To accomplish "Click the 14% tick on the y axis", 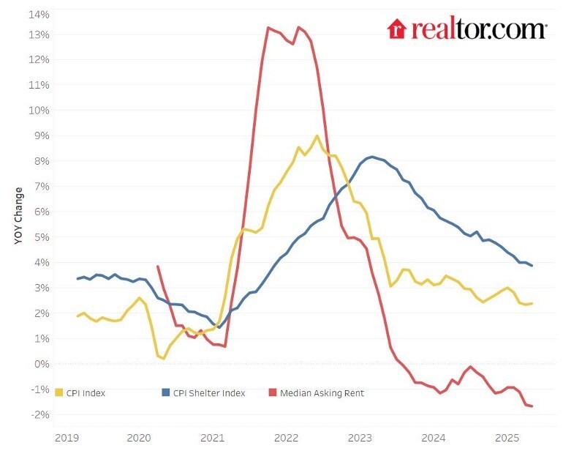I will point(39,15).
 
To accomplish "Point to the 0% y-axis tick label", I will point(41,364).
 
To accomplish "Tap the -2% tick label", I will point(39,414).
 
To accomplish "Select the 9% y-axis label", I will point(41,135).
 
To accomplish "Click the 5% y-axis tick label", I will point(41,237).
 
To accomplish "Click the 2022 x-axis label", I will point(287,439).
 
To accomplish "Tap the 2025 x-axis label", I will point(507,439).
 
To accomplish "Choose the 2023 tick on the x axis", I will point(360,439).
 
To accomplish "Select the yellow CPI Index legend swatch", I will point(59,393).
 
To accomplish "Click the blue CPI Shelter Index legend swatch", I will point(165,393).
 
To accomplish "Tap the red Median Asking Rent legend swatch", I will point(273,393).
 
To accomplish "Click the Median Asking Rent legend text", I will point(322,393).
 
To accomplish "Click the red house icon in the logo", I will point(396,29).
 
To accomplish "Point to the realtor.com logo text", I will point(479,29).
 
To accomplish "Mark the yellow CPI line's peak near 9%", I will point(317,135).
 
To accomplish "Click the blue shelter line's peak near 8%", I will point(372,157).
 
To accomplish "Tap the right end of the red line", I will point(532,406).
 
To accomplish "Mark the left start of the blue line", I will point(78,278).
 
